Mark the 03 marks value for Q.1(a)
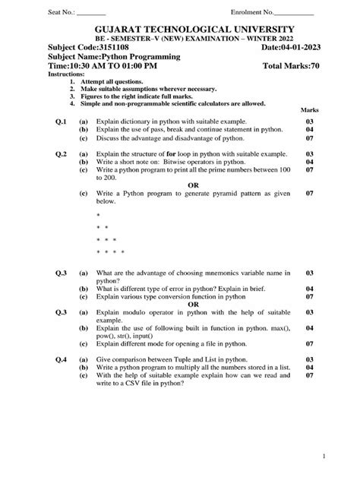[x=309, y=122]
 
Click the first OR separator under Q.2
[x=194, y=185]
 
